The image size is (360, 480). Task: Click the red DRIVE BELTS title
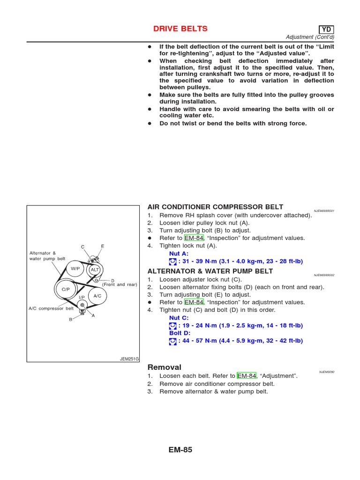coord(180,29)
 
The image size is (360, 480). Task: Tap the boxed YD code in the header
coord(323,30)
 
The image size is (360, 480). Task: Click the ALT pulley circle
coord(95,270)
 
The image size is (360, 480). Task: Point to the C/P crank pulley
coord(66,290)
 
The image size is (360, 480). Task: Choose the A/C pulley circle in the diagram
coord(97,296)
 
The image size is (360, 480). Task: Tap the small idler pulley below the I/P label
coord(82,305)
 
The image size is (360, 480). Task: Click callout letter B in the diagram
coord(71,320)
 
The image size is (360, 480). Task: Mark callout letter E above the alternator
coord(102,246)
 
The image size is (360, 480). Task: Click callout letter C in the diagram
coord(82,247)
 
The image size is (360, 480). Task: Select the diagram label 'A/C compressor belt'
coord(51,308)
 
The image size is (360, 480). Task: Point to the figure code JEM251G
coord(130,359)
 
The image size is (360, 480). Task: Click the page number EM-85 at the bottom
coord(180,450)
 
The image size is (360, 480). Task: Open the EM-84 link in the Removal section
coord(247,376)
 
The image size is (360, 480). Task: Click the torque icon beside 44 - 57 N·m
coord(173,341)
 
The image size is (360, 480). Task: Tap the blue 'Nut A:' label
coord(179,253)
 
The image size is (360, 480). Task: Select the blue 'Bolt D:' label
coord(180,333)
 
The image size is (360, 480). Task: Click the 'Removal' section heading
coord(165,367)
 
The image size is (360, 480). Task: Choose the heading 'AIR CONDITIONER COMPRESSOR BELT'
coord(215,207)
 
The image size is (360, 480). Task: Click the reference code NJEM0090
coord(326,371)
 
